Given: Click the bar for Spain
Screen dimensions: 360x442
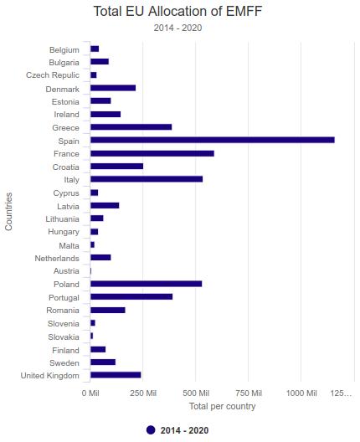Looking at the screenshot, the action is [x=213, y=140].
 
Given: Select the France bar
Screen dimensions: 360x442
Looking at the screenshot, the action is [x=152, y=153].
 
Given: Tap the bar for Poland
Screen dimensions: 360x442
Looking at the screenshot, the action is [x=146, y=284].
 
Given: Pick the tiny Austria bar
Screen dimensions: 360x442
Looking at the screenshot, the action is [x=90, y=271].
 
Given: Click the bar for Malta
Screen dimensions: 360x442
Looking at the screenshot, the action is [x=92, y=244].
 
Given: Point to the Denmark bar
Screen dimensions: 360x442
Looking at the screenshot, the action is [x=113, y=88].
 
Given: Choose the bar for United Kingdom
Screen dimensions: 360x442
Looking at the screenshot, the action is [x=116, y=375].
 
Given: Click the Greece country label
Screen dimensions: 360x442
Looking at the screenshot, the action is [x=65, y=128].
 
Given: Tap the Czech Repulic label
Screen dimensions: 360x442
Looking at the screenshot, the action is [x=53, y=75].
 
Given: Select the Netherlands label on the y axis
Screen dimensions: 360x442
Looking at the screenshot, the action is [x=57, y=258].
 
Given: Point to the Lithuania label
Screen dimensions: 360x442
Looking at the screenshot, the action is [x=62, y=219].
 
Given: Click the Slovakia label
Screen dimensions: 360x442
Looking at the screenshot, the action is [x=64, y=337].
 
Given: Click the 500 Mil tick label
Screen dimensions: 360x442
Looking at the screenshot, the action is [x=196, y=393].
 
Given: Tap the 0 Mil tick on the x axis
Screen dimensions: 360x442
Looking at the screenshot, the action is [x=90, y=393].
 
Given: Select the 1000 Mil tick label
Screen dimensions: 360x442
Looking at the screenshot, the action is [x=301, y=393].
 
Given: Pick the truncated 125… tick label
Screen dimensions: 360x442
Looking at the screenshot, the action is [x=341, y=393].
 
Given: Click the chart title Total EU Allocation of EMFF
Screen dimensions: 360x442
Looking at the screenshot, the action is [x=177, y=12].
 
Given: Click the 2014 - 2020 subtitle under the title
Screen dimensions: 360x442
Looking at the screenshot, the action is [x=177, y=28].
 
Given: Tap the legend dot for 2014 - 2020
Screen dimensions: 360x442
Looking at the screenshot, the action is [x=151, y=430].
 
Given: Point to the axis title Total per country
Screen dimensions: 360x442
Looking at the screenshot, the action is [x=222, y=406].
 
